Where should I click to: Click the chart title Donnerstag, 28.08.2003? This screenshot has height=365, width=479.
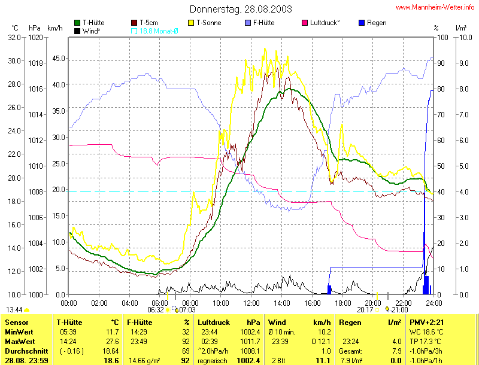pos(241,9)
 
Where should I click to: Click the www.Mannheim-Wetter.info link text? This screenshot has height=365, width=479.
pos(436,8)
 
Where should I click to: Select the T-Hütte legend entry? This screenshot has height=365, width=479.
pos(93,23)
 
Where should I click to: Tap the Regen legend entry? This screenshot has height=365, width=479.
pos(377,23)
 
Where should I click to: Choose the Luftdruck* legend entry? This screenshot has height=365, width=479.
pos(325,23)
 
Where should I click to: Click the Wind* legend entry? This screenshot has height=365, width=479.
pos(91,31)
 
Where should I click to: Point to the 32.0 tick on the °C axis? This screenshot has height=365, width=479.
pos(14,37)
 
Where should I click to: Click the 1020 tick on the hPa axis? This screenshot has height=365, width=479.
pos(35,37)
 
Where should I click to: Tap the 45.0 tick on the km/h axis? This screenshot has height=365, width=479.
pos(56,59)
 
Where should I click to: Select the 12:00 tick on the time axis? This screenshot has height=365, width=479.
pos(251,303)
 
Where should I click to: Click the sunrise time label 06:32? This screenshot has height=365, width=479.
pos(155,310)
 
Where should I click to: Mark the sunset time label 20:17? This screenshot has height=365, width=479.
pos(365,310)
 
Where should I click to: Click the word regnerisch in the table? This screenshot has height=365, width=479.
pos(215,361)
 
